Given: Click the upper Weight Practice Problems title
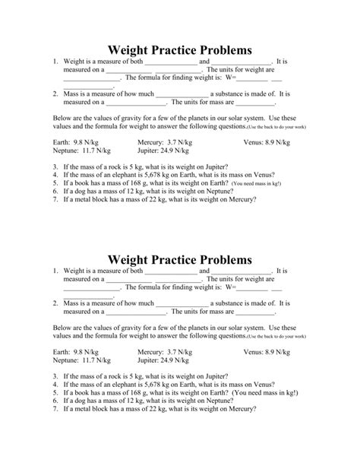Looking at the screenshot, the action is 180,49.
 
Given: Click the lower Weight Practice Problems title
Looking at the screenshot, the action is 180,259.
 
